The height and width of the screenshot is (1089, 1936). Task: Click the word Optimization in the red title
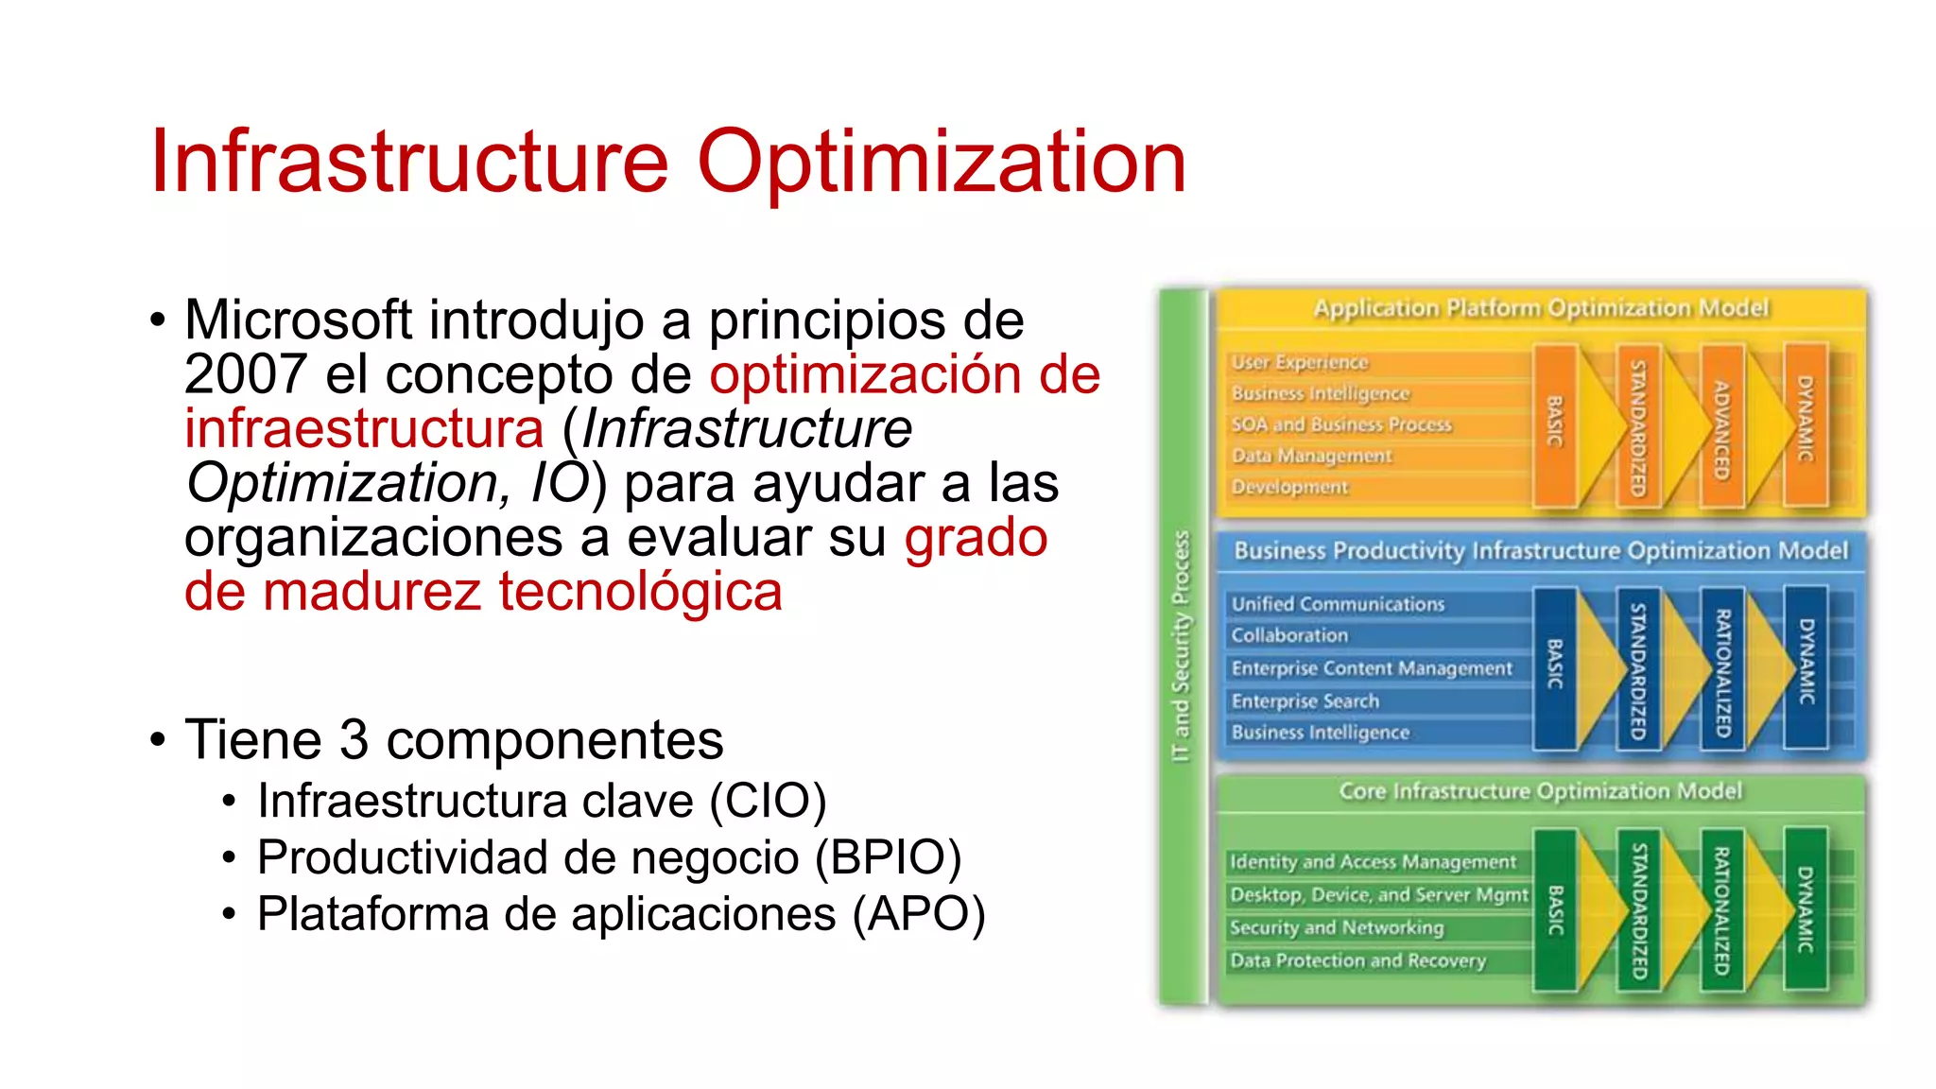[x=941, y=163]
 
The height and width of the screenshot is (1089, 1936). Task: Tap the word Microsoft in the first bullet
[x=298, y=320]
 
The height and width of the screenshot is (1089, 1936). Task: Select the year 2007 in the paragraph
[x=245, y=374]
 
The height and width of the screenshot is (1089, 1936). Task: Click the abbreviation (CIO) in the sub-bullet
[x=768, y=802]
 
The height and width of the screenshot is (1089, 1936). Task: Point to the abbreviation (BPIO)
[x=888, y=858]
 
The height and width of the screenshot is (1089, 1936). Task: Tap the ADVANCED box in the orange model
[x=1721, y=427]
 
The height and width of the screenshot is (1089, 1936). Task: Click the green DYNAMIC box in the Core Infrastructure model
[x=1805, y=909]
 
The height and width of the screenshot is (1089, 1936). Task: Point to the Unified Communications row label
[x=1337, y=604]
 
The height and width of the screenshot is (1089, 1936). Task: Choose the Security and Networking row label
[x=1336, y=927]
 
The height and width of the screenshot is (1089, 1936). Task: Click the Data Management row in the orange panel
[x=1310, y=456]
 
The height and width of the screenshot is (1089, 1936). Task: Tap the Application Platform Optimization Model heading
[x=1540, y=308]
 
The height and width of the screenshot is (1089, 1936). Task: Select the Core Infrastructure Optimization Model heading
[x=1540, y=791]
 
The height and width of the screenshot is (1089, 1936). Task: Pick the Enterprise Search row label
[x=1305, y=701]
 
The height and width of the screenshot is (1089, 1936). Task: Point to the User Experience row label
[x=1299, y=362]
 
